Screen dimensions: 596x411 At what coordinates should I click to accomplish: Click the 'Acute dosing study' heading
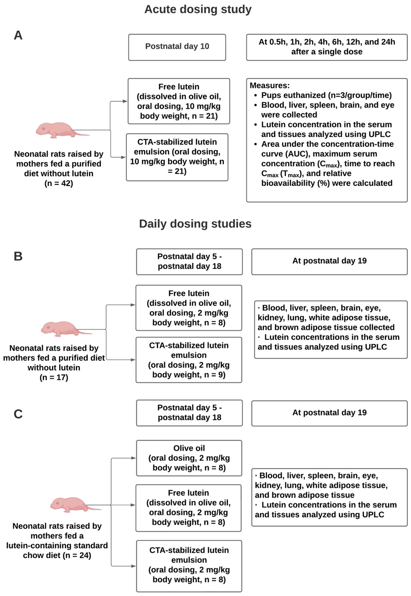198,9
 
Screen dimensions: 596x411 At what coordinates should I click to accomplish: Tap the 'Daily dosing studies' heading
195,224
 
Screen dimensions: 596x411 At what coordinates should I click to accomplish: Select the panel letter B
18,256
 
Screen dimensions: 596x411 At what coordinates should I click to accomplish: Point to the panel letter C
18,414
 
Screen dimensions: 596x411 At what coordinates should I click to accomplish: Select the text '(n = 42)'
59,183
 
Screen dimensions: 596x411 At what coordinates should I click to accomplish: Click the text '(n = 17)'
54,377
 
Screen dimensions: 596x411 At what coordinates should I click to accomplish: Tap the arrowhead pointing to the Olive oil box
133,458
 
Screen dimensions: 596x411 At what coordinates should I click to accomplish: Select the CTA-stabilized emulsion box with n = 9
189,360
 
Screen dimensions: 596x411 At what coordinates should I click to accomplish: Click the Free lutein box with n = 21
179,101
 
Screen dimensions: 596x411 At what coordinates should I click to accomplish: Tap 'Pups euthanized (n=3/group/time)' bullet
326,95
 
